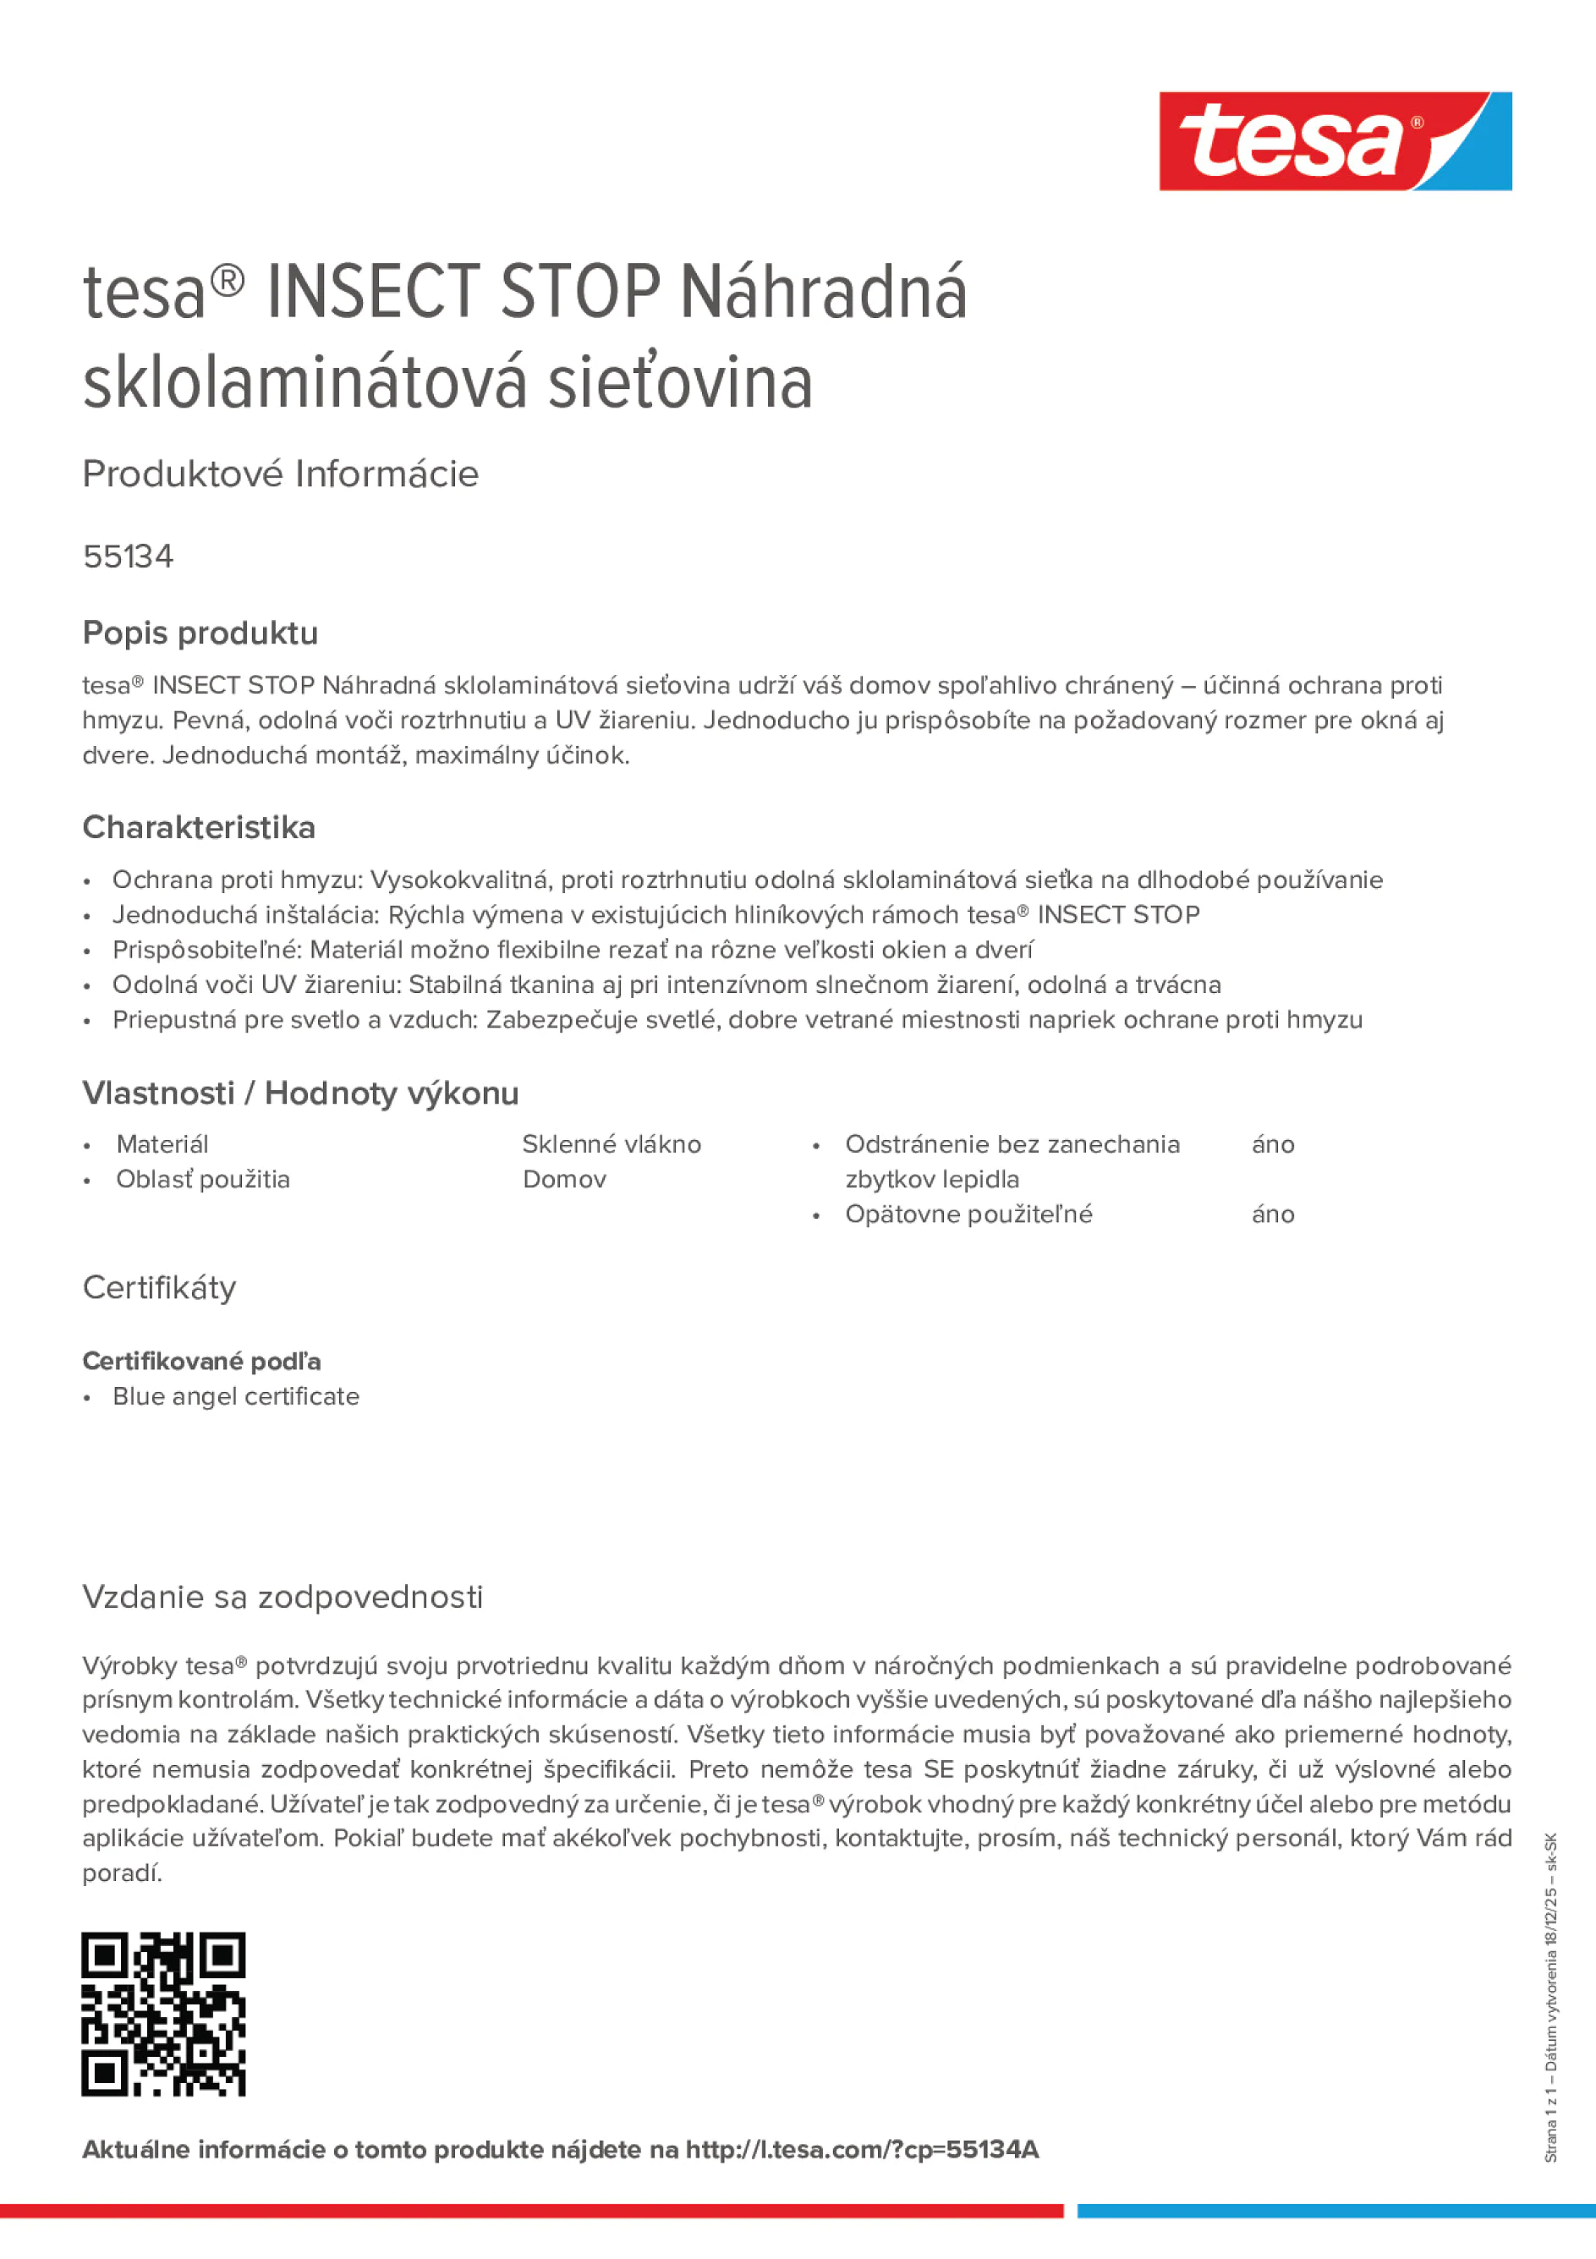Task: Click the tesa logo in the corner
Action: coord(1335,142)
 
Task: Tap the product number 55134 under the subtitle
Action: coord(128,557)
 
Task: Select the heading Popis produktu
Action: coord(200,633)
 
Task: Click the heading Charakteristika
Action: coord(199,827)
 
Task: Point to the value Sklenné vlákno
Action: coord(611,1144)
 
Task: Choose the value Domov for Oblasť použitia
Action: coord(564,1179)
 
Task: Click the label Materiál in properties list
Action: coord(162,1144)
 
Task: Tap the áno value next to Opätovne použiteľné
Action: coord(1272,1214)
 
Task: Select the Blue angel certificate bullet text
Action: coord(236,1396)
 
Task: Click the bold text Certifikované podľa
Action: coord(201,1361)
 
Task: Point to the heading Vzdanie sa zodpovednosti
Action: coord(282,1596)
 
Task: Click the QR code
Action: coord(163,2013)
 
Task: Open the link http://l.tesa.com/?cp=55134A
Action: coord(862,2149)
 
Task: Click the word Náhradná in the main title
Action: coord(824,293)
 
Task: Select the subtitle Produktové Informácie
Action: coord(281,474)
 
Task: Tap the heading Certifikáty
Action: coord(159,1287)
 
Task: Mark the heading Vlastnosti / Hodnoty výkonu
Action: coord(300,1093)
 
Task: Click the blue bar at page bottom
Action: coord(1335,2211)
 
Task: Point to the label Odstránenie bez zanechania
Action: coord(1012,1144)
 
